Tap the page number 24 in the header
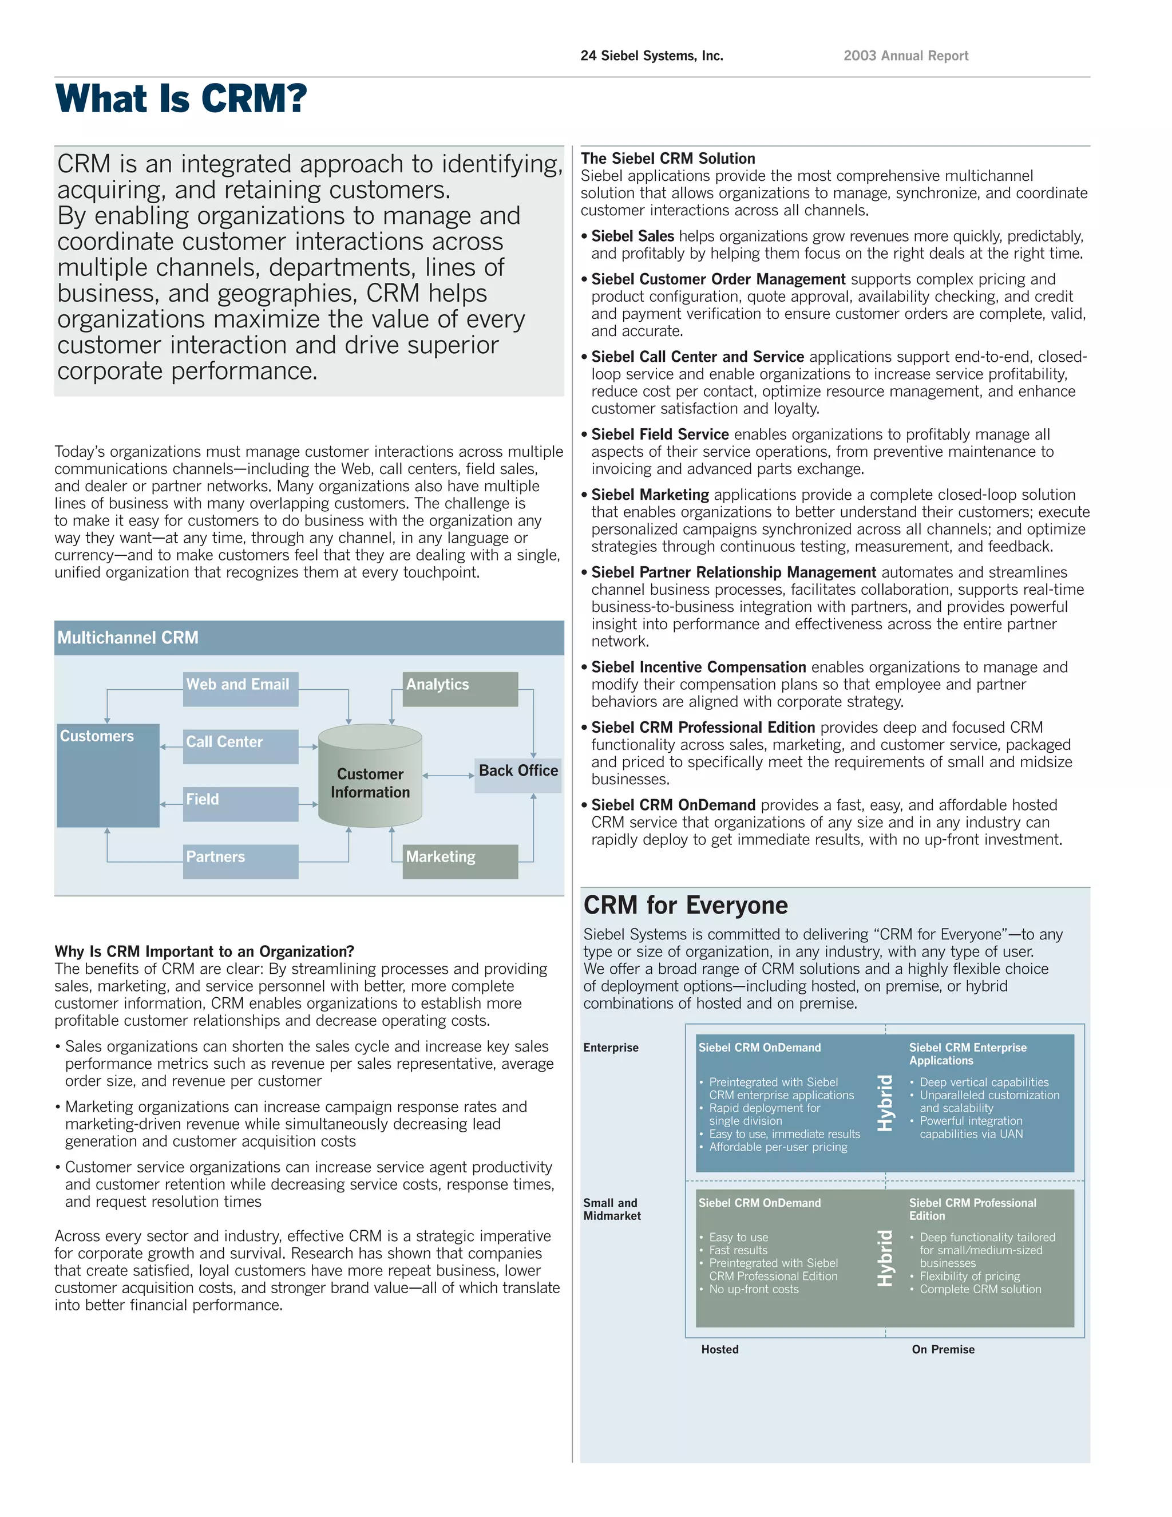point(588,56)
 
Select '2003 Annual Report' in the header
point(905,56)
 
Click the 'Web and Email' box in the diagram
point(240,688)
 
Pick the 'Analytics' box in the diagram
point(460,688)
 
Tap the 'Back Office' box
point(518,774)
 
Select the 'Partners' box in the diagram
point(240,860)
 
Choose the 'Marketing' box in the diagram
point(460,860)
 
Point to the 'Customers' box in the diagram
point(108,775)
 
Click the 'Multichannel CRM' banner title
point(128,638)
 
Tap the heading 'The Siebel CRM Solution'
point(668,159)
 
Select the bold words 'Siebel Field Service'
point(660,434)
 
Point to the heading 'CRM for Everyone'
point(685,905)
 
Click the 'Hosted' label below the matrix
point(719,1349)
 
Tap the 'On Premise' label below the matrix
point(943,1349)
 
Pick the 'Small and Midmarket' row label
point(612,1208)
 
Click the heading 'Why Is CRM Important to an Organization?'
point(204,951)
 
